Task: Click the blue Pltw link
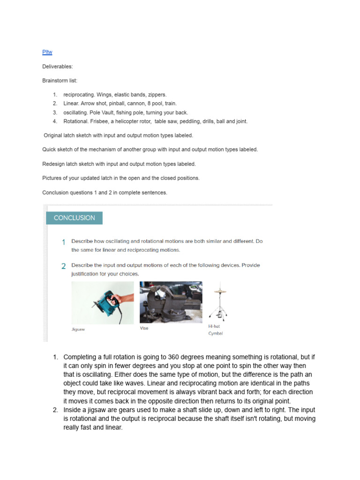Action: (47, 52)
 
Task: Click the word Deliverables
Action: (57, 67)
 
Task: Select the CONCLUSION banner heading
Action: (74, 218)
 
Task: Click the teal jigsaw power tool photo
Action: (102, 302)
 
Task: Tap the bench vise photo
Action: (171, 302)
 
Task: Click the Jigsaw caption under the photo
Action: (78, 329)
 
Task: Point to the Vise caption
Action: (144, 328)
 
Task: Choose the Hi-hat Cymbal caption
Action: (215, 330)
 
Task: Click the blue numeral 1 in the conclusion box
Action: (63, 242)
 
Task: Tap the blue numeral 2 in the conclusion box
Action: (63, 266)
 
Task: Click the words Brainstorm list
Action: (60, 81)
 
